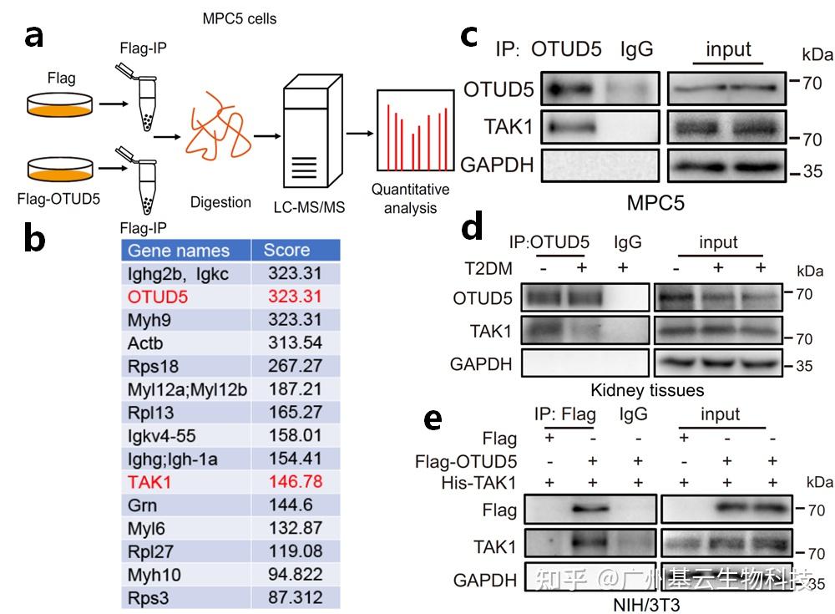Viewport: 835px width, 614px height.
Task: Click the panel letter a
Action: click(x=34, y=38)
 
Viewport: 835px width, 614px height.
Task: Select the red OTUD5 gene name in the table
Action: click(x=158, y=297)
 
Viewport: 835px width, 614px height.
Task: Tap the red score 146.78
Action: click(x=296, y=482)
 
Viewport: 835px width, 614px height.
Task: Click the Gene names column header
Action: click(x=179, y=251)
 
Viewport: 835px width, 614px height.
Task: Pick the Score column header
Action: click(x=286, y=250)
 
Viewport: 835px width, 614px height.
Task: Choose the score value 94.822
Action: click(x=296, y=574)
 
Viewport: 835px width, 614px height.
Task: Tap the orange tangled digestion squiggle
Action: click(x=218, y=127)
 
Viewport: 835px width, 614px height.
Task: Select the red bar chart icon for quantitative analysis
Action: click(x=415, y=130)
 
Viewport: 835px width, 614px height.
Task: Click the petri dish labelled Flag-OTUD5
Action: click(x=60, y=170)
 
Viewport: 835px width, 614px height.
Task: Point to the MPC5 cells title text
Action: click(x=239, y=18)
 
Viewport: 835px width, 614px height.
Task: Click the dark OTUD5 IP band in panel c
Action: click(x=570, y=89)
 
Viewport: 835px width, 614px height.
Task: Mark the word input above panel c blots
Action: click(x=728, y=49)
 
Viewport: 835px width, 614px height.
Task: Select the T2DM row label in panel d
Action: click(x=488, y=268)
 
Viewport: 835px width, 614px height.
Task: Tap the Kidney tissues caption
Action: click(x=647, y=390)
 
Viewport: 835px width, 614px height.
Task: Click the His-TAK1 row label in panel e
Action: click(x=478, y=483)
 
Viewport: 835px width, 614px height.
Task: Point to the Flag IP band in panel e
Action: click(x=590, y=509)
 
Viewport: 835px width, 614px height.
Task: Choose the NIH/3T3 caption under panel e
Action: click(x=646, y=605)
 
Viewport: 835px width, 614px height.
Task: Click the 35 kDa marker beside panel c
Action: click(x=812, y=171)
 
